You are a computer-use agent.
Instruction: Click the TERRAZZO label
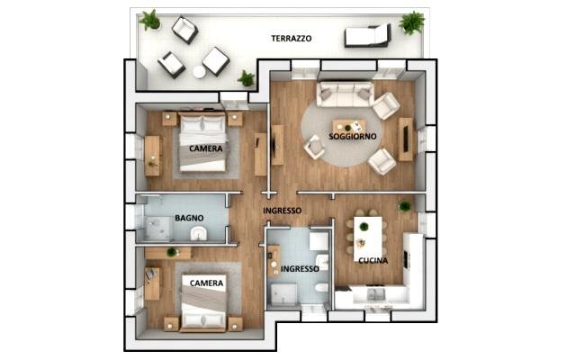pos(292,38)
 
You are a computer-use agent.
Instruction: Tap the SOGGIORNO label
pos(352,136)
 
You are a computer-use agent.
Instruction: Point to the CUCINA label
pos(373,260)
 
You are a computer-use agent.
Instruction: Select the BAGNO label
pos(189,218)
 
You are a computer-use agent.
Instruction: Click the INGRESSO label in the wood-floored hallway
pos(282,211)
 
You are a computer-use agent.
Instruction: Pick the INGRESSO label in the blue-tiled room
pos(300,269)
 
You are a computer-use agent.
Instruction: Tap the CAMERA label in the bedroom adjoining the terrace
pos(206,148)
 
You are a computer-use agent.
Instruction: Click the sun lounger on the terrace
pos(368,35)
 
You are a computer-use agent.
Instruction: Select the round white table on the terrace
pos(199,72)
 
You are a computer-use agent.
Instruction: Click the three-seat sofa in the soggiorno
pos(346,94)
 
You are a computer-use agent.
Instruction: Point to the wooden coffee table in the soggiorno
pos(349,126)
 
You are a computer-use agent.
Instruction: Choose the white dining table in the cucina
pos(368,238)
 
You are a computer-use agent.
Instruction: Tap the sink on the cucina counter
pos(374,294)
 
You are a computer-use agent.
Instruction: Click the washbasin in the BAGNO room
pos(199,233)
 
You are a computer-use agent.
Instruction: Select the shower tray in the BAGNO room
pos(158,228)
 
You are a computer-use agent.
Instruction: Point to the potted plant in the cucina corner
pos(405,206)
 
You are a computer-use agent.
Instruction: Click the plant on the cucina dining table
pos(364,226)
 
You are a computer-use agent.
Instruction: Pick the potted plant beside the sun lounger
pos(412,22)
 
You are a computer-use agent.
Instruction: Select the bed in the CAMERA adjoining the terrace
pos(202,142)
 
